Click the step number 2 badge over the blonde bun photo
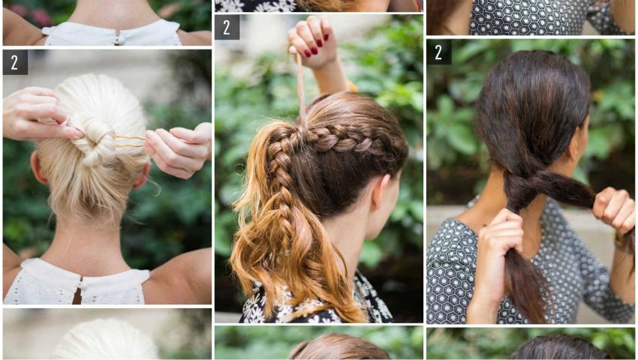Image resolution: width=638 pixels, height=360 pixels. (15, 63)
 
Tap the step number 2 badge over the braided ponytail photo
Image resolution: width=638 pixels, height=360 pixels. (227, 27)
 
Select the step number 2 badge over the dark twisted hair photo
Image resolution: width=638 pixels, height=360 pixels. (439, 52)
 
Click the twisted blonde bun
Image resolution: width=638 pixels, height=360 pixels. (95, 140)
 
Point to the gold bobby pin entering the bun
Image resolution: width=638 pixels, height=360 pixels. (129, 141)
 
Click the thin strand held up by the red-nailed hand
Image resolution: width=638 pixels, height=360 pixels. (301, 89)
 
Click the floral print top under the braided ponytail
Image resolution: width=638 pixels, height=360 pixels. (317, 303)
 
